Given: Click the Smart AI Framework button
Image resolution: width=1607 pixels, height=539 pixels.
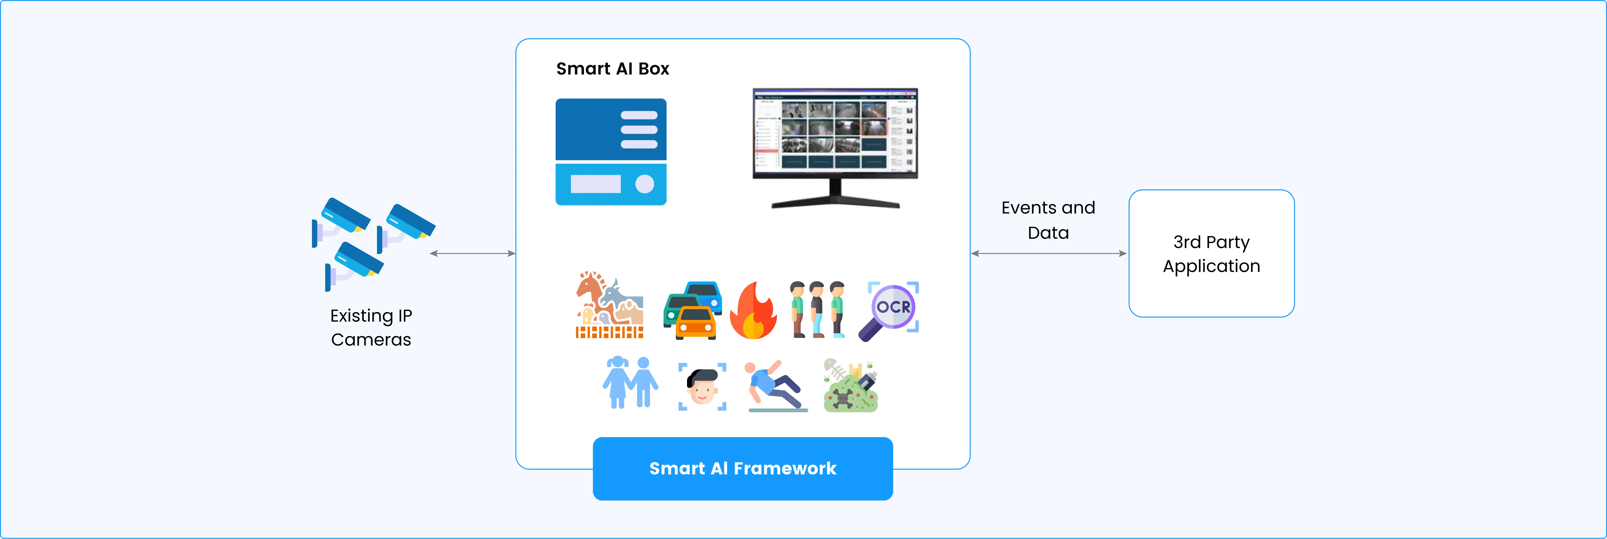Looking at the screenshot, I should click(x=742, y=468).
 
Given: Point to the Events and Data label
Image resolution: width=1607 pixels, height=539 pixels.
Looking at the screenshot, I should click(x=1048, y=220).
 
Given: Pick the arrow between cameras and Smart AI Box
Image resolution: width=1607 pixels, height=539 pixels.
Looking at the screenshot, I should click(x=472, y=253).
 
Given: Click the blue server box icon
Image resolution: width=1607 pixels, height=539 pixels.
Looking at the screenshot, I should click(x=611, y=152).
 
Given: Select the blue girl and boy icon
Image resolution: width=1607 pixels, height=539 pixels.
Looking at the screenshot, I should click(x=630, y=382).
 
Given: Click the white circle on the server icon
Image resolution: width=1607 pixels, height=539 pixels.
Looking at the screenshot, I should click(x=644, y=184).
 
